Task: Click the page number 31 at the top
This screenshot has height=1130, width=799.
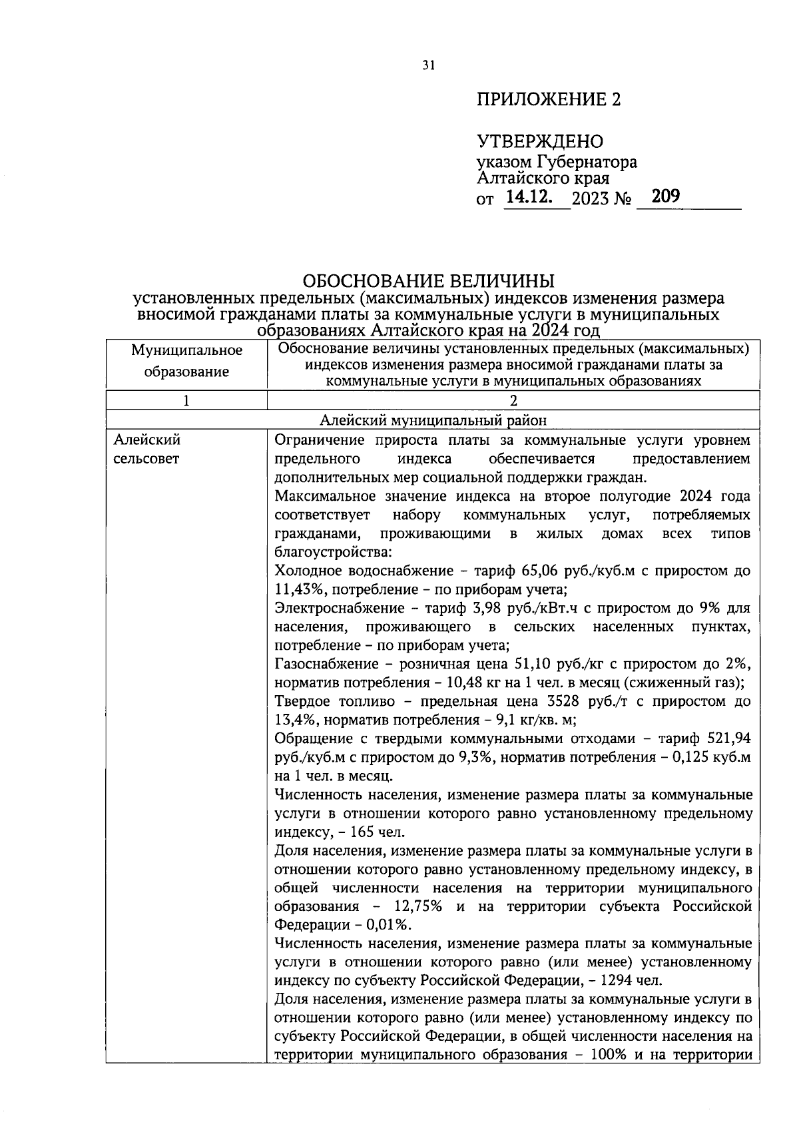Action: (x=428, y=65)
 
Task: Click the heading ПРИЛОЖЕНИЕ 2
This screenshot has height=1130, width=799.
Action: (x=548, y=100)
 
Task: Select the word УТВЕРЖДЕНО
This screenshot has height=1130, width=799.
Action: (x=539, y=141)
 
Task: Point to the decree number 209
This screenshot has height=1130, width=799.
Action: (x=665, y=196)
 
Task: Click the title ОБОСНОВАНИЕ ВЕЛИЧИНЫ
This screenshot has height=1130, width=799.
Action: (x=429, y=280)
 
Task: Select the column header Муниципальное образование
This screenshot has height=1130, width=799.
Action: (x=186, y=361)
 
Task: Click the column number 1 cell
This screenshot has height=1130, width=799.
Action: (x=186, y=400)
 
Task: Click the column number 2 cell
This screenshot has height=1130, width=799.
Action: (x=513, y=400)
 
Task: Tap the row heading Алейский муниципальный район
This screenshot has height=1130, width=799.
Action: (x=433, y=420)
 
